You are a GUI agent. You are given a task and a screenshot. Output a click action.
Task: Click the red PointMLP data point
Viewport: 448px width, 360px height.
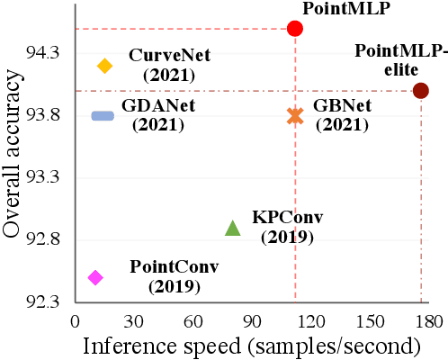pyautogui.click(x=294, y=29)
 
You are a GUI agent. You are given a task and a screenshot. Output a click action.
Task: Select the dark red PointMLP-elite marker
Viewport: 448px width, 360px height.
pyautogui.click(x=420, y=90)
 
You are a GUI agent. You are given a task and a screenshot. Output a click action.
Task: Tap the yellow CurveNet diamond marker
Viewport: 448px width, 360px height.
pyautogui.click(x=104, y=65)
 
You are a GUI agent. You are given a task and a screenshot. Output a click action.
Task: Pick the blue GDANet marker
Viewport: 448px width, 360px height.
pyautogui.click(x=103, y=115)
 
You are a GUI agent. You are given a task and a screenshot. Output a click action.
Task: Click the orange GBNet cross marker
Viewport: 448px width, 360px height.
pyautogui.click(x=294, y=115)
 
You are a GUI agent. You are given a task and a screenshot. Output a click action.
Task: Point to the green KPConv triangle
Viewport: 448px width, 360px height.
pyautogui.click(x=232, y=229)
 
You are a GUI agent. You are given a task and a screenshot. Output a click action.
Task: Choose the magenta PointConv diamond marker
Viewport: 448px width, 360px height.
pyautogui.click(x=95, y=277)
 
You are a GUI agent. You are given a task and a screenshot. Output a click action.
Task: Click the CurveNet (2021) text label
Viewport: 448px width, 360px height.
pyautogui.click(x=169, y=65)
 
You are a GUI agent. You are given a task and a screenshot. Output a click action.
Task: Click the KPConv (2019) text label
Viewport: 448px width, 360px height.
pyautogui.click(x=287, y=227)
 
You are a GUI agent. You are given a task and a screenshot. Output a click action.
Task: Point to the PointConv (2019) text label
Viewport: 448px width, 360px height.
pyautogui.click(x=175, y=276)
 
